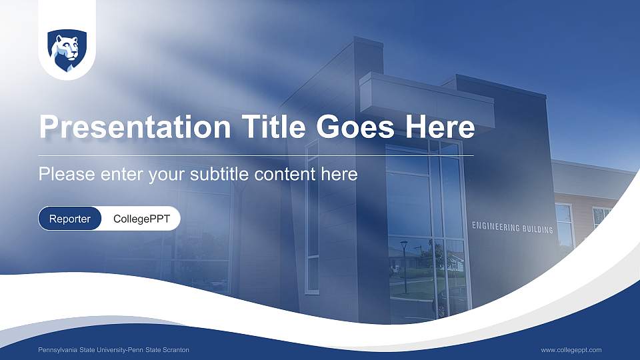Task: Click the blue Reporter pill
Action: (70, 219)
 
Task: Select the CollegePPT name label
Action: (140, 219)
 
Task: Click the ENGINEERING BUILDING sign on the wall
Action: (512, 228)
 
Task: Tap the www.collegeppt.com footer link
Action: (571, 350)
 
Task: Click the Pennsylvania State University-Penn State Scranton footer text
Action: (113, 350)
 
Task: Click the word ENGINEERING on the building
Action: (496, 227)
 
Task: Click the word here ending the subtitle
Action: (341, 175)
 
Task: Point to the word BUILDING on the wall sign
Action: (538, 229)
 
